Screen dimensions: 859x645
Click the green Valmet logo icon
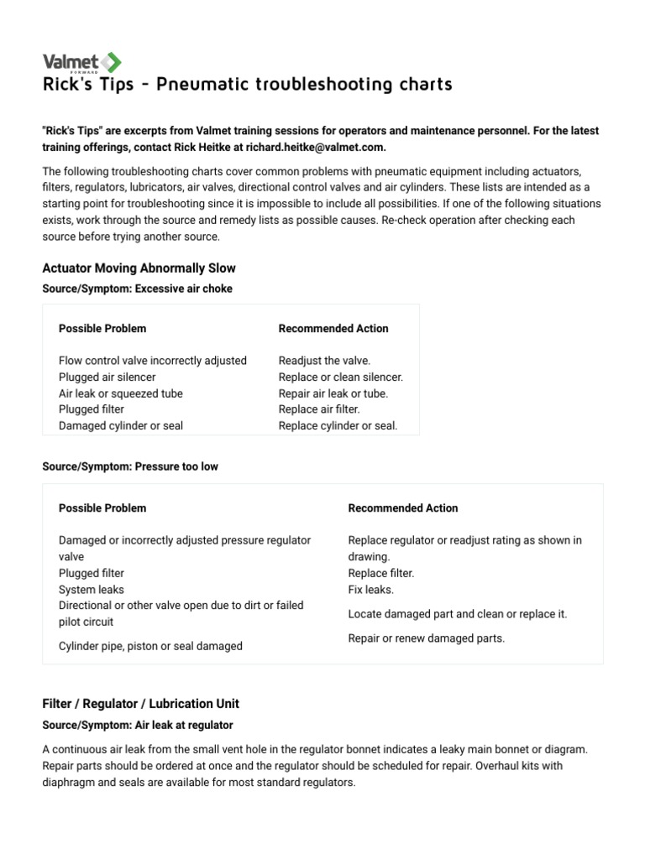[x=111, y=62]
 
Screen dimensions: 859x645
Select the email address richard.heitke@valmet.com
[x=316, y=148]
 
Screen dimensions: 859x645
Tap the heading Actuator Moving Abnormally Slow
[x=139, y=268]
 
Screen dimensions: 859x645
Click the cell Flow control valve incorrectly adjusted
[x=152, y=361]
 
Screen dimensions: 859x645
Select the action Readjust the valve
[x=324, y=361]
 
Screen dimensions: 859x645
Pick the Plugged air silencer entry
[x=107, y=377]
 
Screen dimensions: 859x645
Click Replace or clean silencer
[x=340, y=377]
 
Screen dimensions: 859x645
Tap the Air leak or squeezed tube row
[x=120, y=393]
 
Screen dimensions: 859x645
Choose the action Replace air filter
[x=319, y=409]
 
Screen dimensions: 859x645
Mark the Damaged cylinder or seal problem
[x=120, y=425]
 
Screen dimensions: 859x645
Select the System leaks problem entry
[x=91, y=590]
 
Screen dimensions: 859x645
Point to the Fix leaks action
[x=370, y=590]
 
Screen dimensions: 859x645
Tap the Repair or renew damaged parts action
[x=426, y=638]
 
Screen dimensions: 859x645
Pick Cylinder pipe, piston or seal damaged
[x=150, y=646]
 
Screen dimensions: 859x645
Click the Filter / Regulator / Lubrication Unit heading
[x=140, y=704]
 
